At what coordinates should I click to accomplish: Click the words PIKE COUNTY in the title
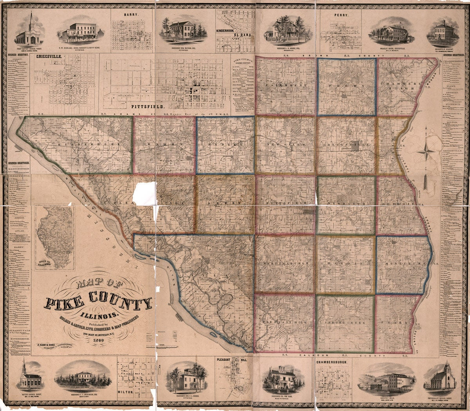(99, 302)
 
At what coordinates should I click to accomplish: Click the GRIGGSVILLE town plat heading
(49, 56)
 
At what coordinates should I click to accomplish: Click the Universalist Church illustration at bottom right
(442, 377)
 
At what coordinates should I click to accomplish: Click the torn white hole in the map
(144, 193)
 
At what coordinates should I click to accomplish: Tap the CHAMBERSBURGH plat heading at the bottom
(331, 362)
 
